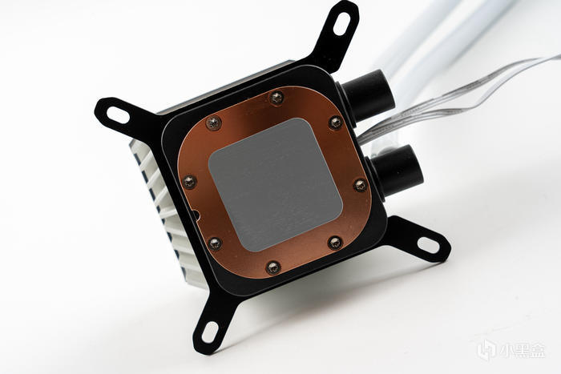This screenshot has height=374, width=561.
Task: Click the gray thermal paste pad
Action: [275, 184]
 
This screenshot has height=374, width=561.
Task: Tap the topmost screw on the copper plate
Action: [276, 97]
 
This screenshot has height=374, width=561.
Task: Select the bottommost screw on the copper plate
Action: [273, 267]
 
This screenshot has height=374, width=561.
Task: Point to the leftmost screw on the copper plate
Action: [189, 183]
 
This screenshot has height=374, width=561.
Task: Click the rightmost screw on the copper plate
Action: [361, 185]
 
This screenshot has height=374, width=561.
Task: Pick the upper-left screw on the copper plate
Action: [214, 123]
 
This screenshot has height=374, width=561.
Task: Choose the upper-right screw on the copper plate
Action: [336, 123]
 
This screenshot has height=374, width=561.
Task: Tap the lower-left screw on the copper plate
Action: [215, 243]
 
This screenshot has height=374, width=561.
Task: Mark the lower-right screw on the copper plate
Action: [335, 243]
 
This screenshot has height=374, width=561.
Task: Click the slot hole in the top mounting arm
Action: [341, 24]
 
